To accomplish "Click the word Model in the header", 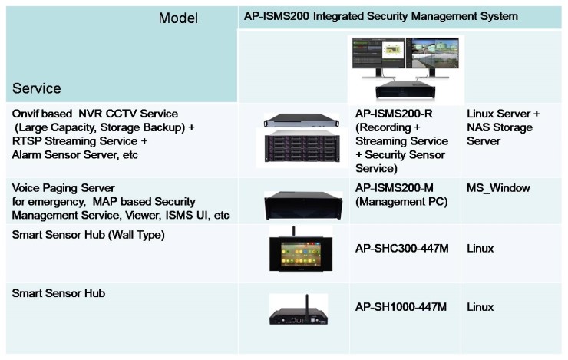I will pos(178,18).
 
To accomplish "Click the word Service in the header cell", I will pos(37,88).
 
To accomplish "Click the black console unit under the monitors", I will pos(405,94).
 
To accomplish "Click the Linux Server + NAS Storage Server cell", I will pos(503,127).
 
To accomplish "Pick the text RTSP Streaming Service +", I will pos(79,142).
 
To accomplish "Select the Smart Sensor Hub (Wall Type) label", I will pos(88,234).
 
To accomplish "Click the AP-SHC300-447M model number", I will pos(401,249).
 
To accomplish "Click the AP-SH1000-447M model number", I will pos(401,307).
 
